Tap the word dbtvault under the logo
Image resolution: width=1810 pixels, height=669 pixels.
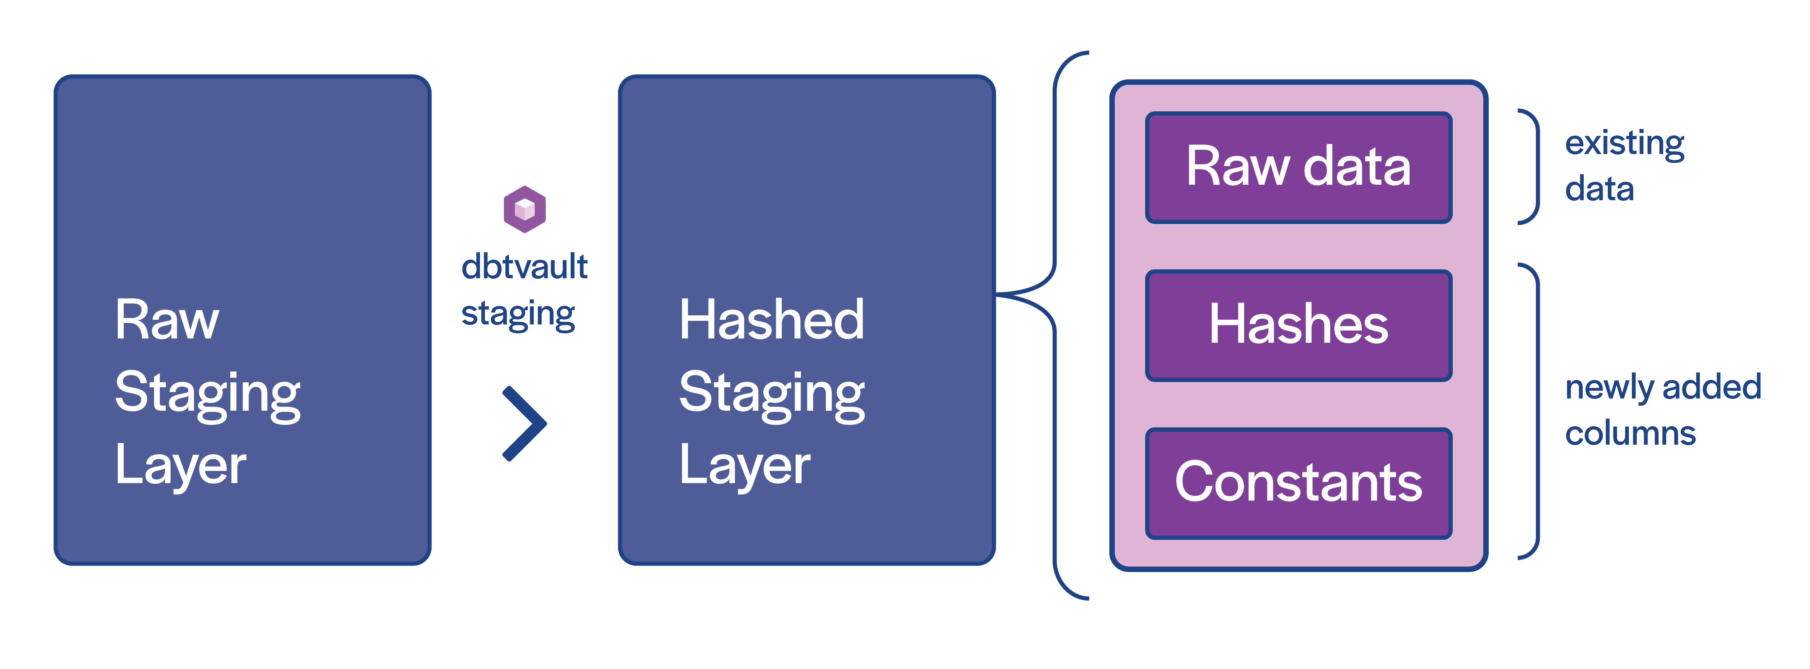[524, 267]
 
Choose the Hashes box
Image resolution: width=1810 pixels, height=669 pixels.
[1298, 325]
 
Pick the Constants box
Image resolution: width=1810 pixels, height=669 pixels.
[1298, 484]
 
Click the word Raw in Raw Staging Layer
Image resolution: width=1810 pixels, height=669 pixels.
[167, 320]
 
